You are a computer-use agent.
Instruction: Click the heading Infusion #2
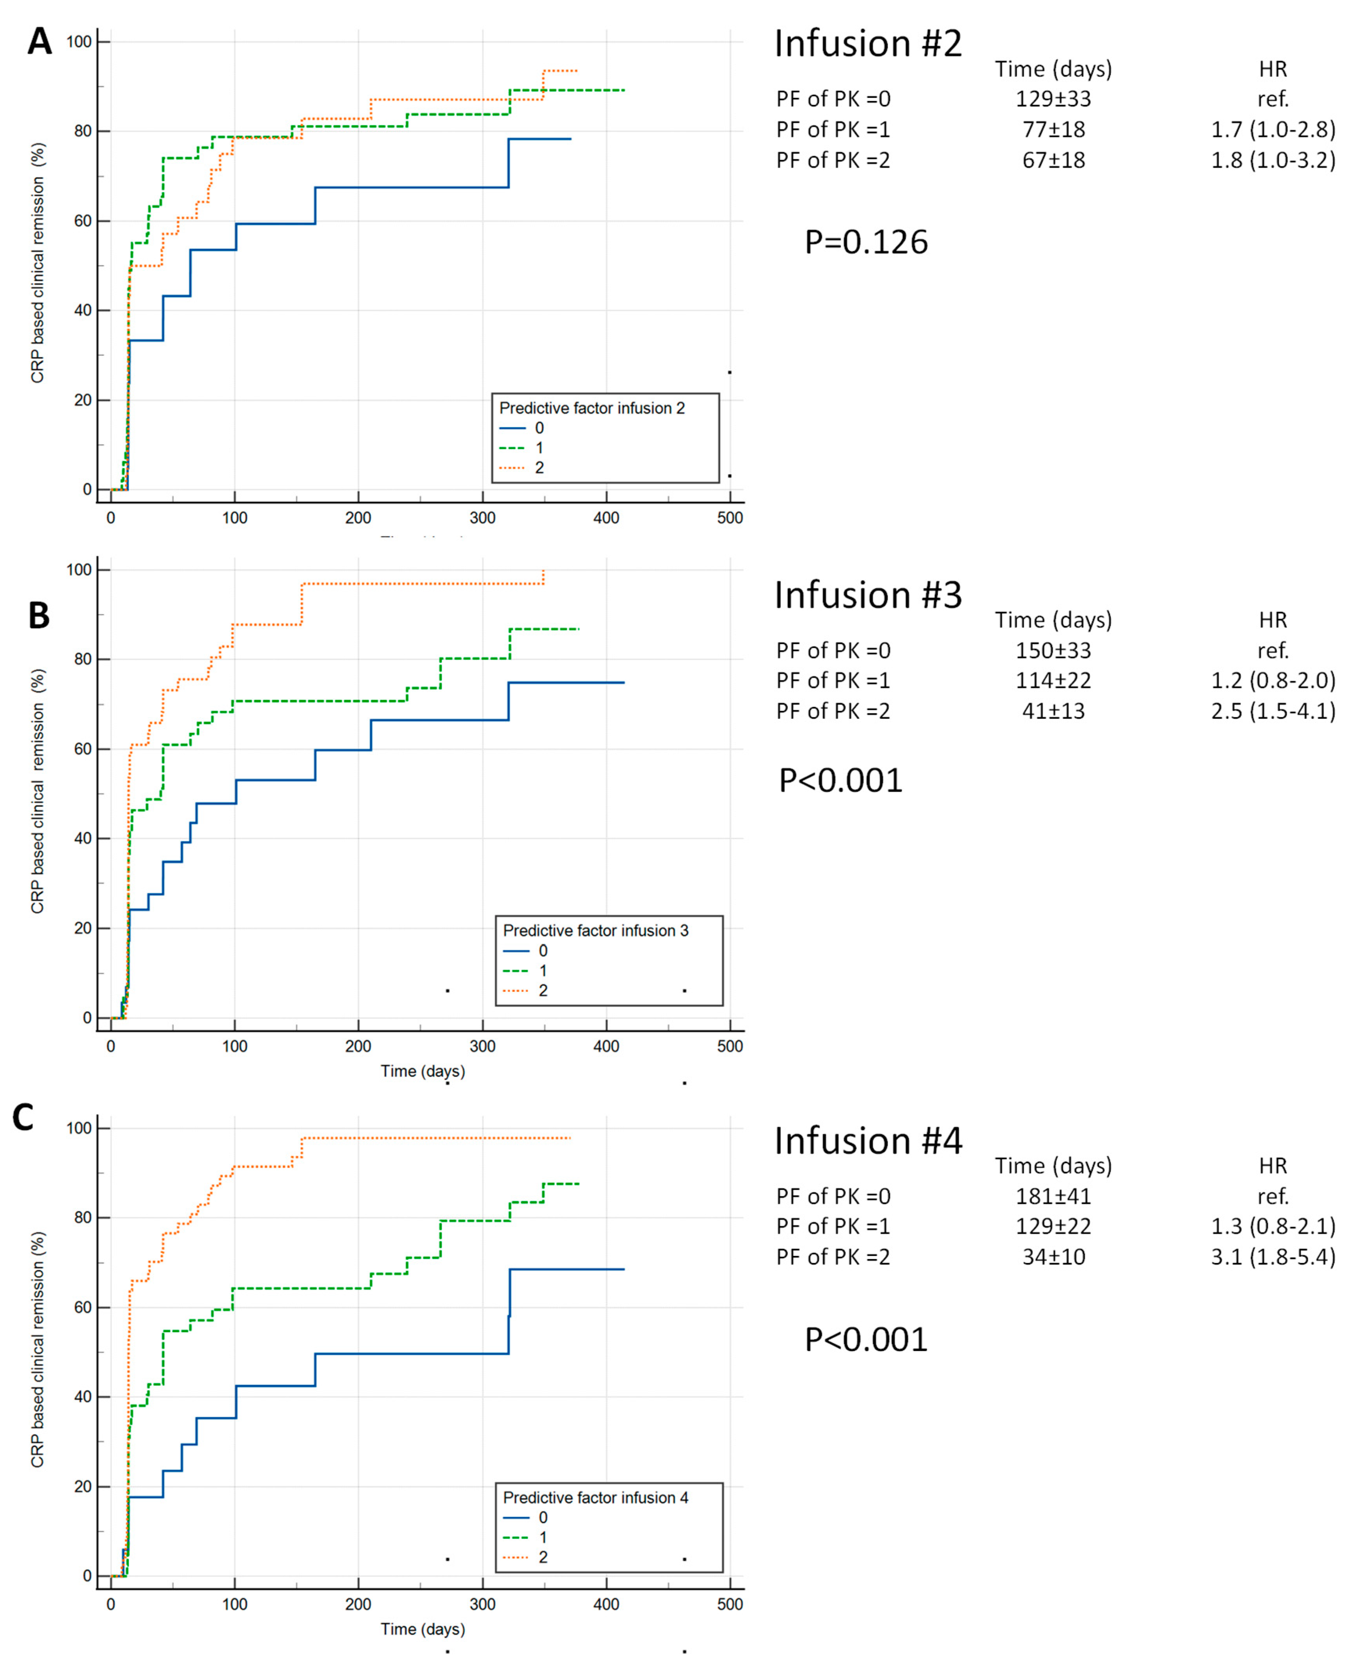pos(867,44)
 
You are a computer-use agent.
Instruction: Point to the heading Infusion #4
pos(867,1141)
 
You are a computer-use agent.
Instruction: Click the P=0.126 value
pos(866,242)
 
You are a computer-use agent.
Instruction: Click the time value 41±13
pos(1053,711)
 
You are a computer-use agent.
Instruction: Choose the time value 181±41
pos(1053,1196)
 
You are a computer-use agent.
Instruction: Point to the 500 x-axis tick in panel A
pos(730,518)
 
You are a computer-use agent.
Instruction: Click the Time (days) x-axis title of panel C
pos(423,1629)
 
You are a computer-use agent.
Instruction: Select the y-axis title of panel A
pos(38,263)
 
